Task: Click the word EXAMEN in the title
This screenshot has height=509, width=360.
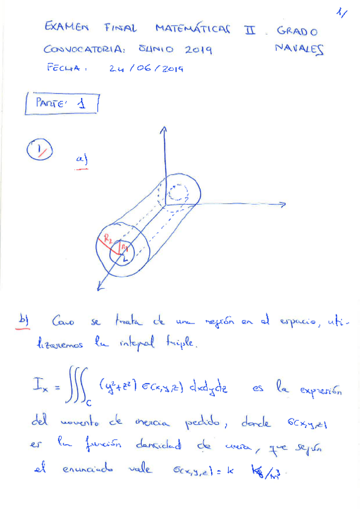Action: click(67, 28)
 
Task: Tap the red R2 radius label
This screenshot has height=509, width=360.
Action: click(107, 239)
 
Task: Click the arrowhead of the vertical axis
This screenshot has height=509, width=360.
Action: click(162, 129)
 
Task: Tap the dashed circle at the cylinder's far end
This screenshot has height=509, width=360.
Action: click(179, 194)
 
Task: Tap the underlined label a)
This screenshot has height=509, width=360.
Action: click(81, 160)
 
